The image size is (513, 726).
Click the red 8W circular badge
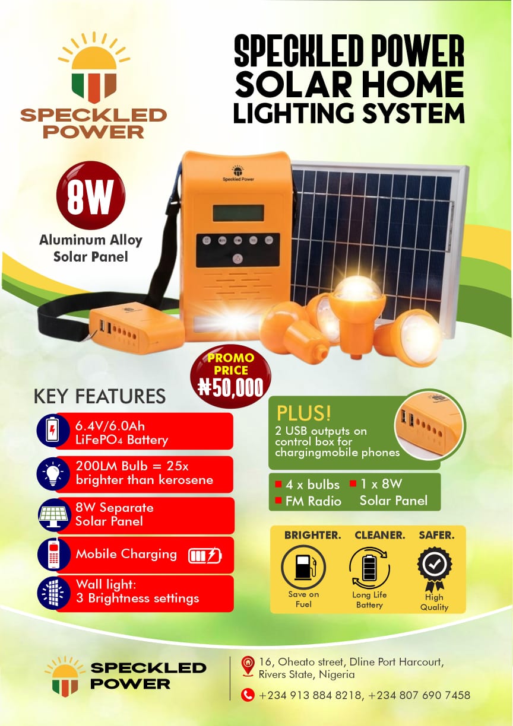90,195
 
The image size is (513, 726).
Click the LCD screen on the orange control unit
238,212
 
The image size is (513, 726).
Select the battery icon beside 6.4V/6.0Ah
52,431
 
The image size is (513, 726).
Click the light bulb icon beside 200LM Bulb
53,474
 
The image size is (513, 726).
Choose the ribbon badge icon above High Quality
434,568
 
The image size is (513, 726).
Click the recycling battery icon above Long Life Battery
369,568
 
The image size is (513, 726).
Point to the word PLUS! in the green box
304,413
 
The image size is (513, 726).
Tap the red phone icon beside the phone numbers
248,695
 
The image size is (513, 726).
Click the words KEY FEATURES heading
100,396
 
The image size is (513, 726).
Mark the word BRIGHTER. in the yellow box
312,535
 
